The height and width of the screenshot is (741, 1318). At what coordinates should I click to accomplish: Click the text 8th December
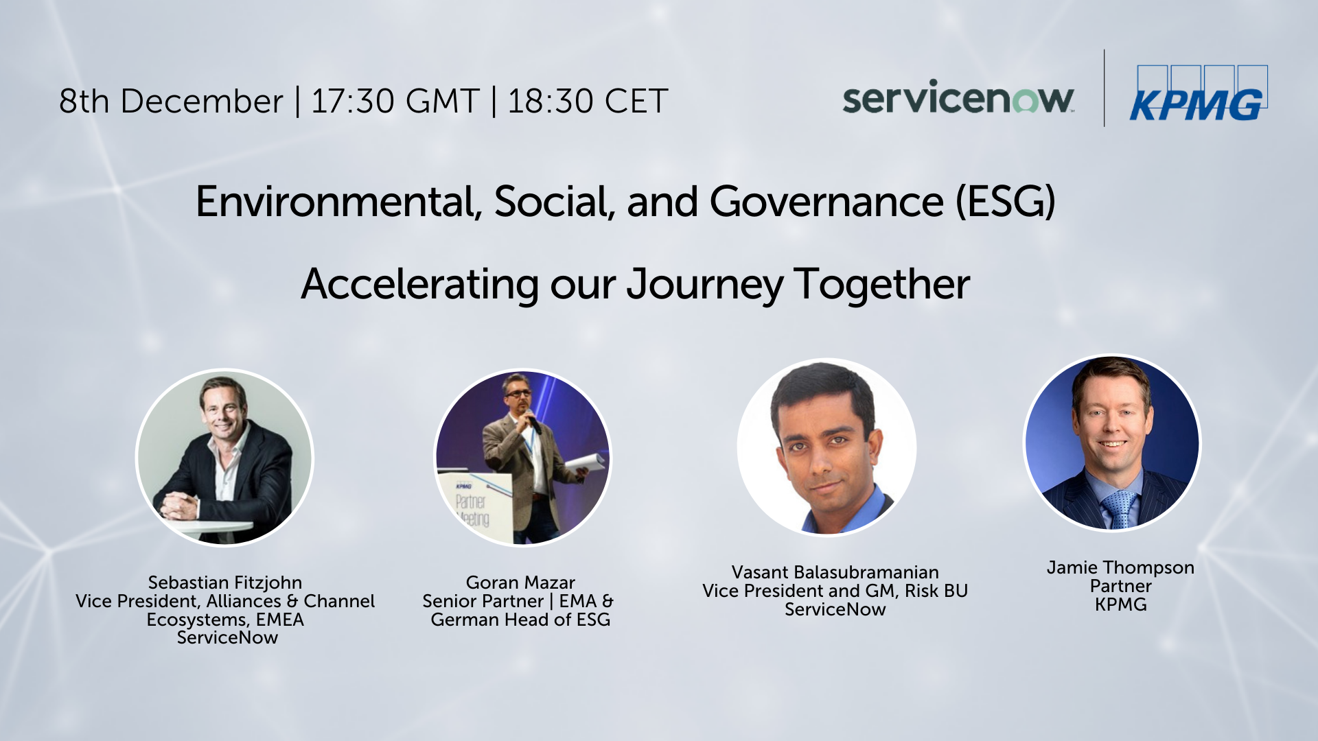pos(171,101)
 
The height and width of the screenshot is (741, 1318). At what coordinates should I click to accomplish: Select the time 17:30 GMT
pos(395,101)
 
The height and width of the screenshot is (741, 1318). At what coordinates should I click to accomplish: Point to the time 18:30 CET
pos(588,101)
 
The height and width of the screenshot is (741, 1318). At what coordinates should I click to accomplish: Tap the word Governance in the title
pos(826,202)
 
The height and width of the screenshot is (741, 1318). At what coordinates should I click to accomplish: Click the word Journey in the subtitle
pos(705,285)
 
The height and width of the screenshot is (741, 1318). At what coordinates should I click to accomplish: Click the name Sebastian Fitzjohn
pos(225,583)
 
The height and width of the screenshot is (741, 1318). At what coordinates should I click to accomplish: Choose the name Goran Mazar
pos(520,583)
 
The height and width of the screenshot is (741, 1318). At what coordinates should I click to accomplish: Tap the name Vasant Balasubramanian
pos(835,572)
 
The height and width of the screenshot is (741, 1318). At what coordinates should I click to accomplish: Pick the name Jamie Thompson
pos(1120,567)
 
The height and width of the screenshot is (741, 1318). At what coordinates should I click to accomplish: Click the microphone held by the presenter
pos(533,421)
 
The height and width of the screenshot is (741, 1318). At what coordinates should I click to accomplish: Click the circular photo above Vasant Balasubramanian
pos(826,447)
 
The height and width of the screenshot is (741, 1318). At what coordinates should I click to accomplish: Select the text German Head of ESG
pos(520,620)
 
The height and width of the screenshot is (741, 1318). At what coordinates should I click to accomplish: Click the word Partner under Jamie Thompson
pos(1120,587)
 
